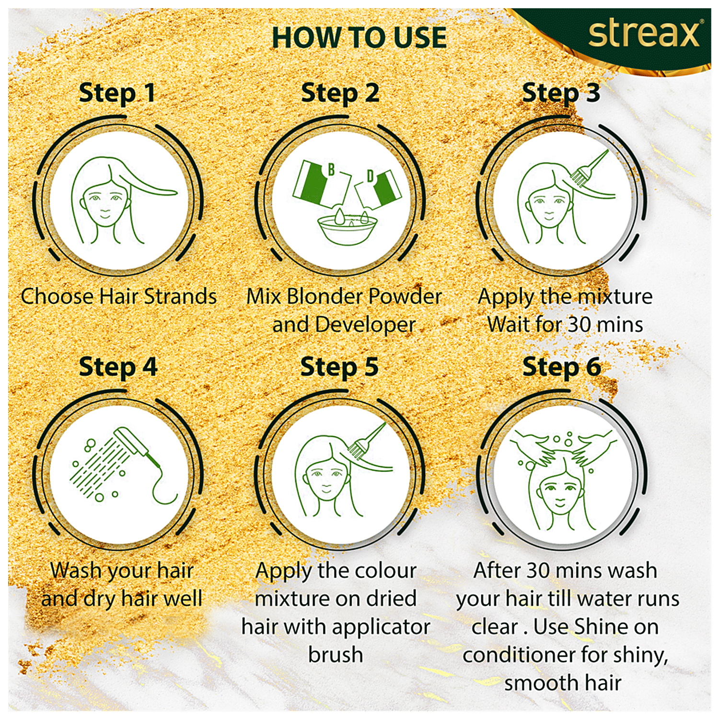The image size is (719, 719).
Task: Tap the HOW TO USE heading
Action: coord(359,37)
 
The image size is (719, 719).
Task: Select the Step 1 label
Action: coord(117,93)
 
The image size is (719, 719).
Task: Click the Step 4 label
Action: coord(118,367)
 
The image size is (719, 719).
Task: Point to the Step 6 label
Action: coord(561,367)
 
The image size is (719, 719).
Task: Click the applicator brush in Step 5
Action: coord(367,440)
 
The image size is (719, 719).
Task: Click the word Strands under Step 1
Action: coord(180,296)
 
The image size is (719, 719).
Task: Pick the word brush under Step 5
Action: coord(336,654)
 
